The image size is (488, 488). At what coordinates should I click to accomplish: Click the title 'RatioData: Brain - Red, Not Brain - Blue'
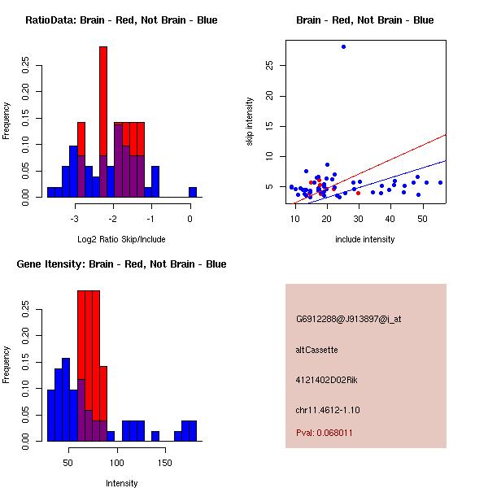121,20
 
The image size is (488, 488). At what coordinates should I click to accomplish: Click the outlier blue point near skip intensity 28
343,46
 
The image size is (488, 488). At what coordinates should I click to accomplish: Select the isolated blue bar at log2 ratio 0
193,192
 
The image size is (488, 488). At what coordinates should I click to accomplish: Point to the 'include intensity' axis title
364,239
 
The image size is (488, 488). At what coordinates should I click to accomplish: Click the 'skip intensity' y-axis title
251,122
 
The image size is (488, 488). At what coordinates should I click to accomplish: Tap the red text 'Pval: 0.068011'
325,433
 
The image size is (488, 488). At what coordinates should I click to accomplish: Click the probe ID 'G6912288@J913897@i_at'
348,319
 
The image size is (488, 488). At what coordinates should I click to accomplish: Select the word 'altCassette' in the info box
316,350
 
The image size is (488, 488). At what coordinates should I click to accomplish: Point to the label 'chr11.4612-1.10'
328,409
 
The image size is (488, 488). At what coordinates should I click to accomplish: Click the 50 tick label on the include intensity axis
422,219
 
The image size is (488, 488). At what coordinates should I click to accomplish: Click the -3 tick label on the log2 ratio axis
75,219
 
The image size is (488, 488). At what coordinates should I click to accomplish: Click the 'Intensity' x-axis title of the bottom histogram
122,483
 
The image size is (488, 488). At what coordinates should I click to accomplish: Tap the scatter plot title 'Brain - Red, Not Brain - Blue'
364,20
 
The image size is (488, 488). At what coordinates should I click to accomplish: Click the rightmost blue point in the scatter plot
440,182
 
